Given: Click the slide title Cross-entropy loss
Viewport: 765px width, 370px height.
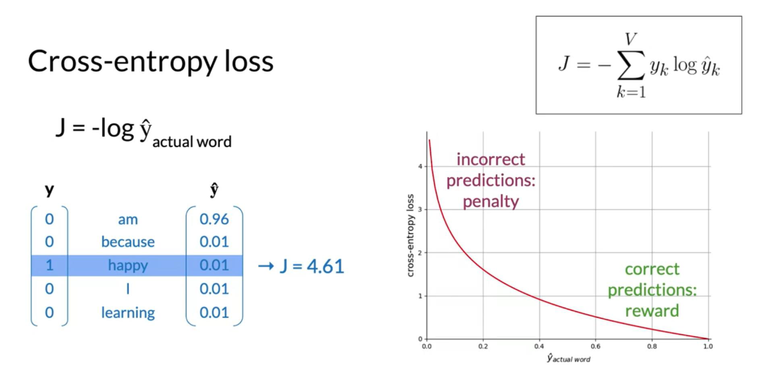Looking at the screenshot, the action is [150, 62].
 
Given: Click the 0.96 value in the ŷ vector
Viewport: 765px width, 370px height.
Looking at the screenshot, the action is [214, 219].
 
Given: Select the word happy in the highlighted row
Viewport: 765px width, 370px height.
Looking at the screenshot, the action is [128, 266].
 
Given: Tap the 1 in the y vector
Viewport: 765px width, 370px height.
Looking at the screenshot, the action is [50, 265].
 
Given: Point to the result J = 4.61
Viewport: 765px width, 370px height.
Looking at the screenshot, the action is [311, 266].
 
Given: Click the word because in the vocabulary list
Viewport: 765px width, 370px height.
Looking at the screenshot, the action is [128, 242].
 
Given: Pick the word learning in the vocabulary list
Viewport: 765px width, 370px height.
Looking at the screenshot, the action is [128, 313].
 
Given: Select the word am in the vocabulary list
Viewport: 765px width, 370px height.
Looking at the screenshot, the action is [128, 220].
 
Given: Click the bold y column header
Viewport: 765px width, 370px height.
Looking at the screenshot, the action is [50, 190].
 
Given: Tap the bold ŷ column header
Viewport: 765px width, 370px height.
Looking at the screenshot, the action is [215, 190].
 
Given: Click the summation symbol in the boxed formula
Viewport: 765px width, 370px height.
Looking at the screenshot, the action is [631, 65].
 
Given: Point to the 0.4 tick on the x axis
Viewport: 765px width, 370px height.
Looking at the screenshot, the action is [539, 347].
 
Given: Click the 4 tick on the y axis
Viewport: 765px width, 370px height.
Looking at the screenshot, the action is [420, 166].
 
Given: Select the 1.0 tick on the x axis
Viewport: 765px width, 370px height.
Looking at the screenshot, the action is [708, 347].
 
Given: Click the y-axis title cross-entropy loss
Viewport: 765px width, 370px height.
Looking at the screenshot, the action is [410, 235].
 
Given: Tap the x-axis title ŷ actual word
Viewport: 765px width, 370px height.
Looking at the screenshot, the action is [568, 359].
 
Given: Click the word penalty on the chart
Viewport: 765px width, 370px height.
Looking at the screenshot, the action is [491, 202].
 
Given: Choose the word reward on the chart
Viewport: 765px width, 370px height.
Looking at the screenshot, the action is [652, 311].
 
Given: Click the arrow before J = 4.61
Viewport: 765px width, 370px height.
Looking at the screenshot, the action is [266, 266].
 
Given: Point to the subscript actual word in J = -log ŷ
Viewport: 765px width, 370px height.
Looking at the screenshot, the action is [192, 141].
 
